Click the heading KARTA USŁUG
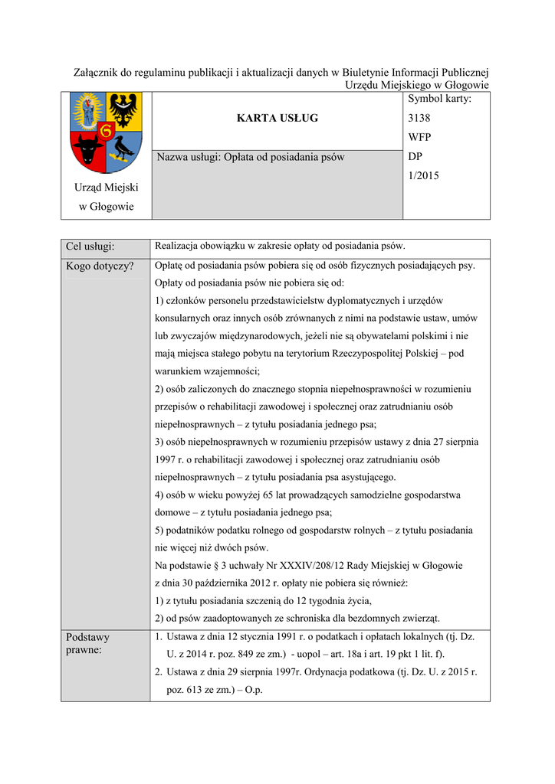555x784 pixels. click(x=277, y=118)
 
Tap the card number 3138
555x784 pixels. click(x=419, y=119)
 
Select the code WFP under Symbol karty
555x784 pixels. click(x=420, y=138)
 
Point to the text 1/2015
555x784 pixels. click(x=424, y=176)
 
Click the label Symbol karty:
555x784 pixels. click(x=439, y=99)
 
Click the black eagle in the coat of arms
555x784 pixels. click(x=123, y=109)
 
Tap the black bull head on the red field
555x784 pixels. click(x=89, y=149)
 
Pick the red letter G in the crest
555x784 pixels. click(x=106, y=131)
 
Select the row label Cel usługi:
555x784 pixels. click(x=90, y=247)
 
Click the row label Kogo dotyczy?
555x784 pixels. click(x=100, y=266)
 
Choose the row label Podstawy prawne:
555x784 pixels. click(x=88, y=643)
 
